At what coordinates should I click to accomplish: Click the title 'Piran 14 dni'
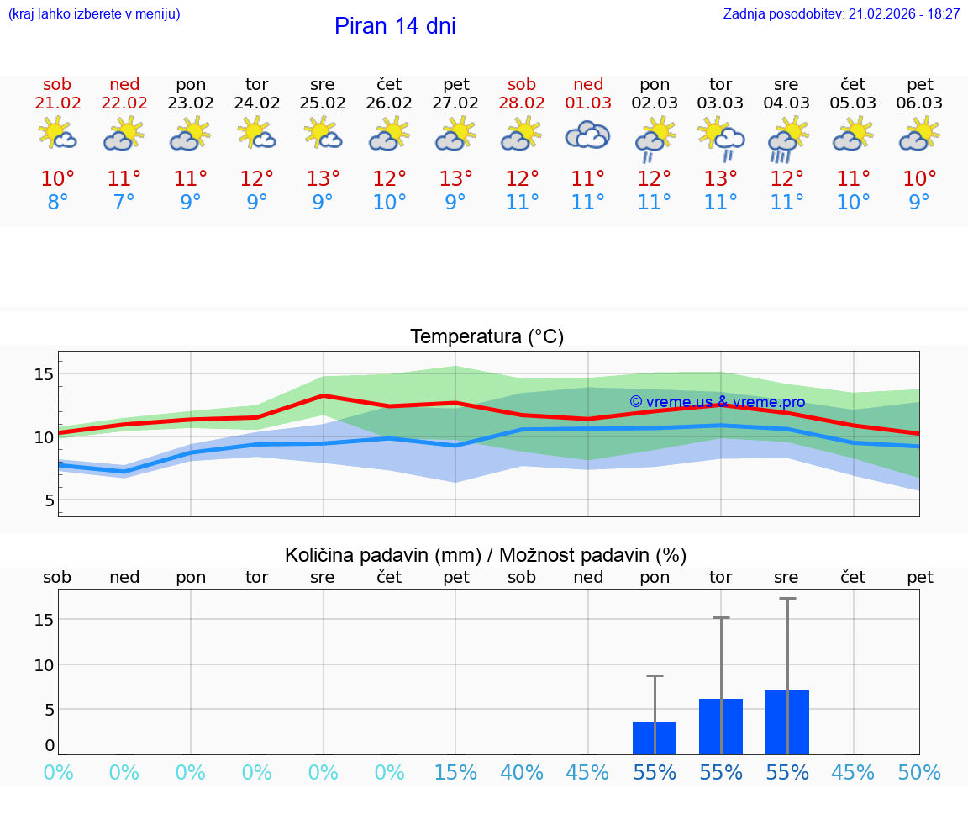[395, 26]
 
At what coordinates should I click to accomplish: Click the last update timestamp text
[841, 14]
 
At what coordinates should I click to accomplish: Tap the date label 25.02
[323, 103]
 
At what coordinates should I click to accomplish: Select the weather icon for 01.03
[587, 135]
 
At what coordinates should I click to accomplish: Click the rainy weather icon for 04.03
[786, 138]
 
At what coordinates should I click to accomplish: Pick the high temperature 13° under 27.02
[455, 179]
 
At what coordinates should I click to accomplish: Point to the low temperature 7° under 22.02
[124, 203]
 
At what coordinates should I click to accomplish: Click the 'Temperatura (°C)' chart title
[487, 337]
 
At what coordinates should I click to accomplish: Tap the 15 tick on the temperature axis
[44, 373]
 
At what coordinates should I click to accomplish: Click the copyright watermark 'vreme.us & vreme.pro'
[717, 402]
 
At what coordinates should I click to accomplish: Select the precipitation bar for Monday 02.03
[655, 738]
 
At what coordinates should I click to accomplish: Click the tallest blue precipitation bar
[786, 722]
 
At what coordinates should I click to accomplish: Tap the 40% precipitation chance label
[522, 773]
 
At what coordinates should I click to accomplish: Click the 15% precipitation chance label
[455, 773]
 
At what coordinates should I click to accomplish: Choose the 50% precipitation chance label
[919, 773]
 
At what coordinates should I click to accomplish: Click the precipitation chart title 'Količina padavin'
[486, 555]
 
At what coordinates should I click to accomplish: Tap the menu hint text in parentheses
[94, 14]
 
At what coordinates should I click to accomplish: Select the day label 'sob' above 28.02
[522, 85]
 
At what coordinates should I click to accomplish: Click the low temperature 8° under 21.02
[58, 203]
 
